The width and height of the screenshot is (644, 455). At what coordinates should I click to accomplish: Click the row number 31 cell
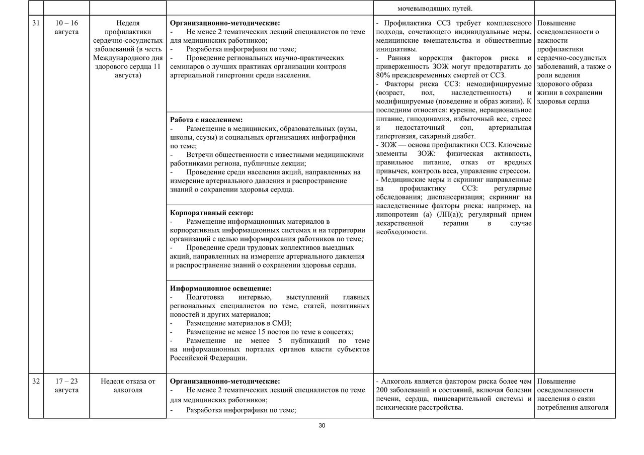click(36, 23)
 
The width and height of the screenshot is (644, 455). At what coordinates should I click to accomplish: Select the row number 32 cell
click(36, 382)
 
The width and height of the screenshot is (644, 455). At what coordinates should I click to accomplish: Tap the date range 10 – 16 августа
click(66, 28)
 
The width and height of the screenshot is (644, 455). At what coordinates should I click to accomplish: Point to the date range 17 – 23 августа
click(66, 386)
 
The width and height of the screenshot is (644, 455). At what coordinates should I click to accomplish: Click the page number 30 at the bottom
click(322, 426)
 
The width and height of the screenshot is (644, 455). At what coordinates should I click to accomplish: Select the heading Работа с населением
click(206, 120)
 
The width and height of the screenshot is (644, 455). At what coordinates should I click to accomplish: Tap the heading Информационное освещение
click(221, 289)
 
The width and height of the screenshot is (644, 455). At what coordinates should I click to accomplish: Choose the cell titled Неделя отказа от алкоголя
click(128, 386)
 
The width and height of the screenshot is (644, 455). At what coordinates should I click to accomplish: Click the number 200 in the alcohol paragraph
click(382, 390)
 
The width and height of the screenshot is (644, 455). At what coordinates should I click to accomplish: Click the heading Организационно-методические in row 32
click(224, 382)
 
